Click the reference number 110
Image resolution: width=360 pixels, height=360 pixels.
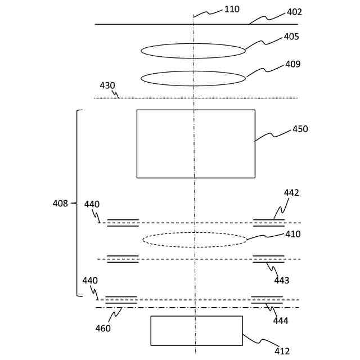point(232,9)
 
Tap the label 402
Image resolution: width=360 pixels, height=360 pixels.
point(294,12)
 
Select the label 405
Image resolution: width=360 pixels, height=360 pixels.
point(291,37)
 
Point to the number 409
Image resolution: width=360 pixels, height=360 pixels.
point(293,64)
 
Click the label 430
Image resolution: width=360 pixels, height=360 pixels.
point(107,85)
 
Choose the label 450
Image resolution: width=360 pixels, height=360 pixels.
point(300,129)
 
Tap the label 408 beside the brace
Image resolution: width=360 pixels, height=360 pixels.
point(60,203)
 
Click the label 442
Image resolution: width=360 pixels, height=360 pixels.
point(291,192)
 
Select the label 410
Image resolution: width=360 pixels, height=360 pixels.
point(293,234)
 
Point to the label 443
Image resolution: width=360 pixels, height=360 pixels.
point(282,280)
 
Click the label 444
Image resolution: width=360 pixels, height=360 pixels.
point(281,321)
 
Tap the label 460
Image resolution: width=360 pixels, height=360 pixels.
point(103,328)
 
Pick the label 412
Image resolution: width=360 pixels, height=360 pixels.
point(282,352)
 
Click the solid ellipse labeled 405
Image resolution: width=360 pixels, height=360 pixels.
point(193,51)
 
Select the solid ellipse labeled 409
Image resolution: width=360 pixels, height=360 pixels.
point(193,78)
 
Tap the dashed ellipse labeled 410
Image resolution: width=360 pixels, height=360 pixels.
point(195,240)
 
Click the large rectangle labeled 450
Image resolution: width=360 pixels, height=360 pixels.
point(196,144)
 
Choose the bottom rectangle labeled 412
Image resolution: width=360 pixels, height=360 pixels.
point(196,331)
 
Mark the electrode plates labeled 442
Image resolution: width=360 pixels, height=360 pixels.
point(269,223)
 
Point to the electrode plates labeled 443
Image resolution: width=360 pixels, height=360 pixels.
point(269,259)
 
